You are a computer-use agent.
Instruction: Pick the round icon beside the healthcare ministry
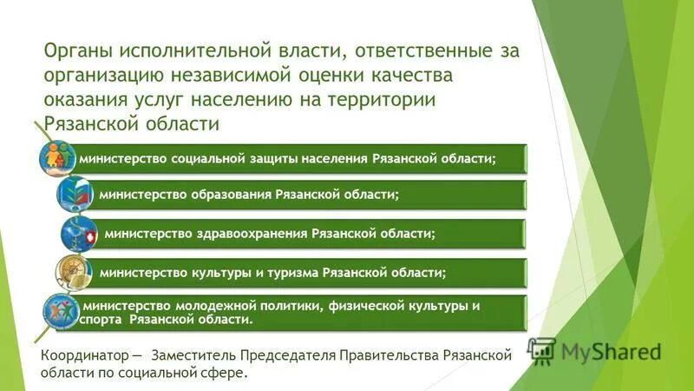click(x=80, y=234)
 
